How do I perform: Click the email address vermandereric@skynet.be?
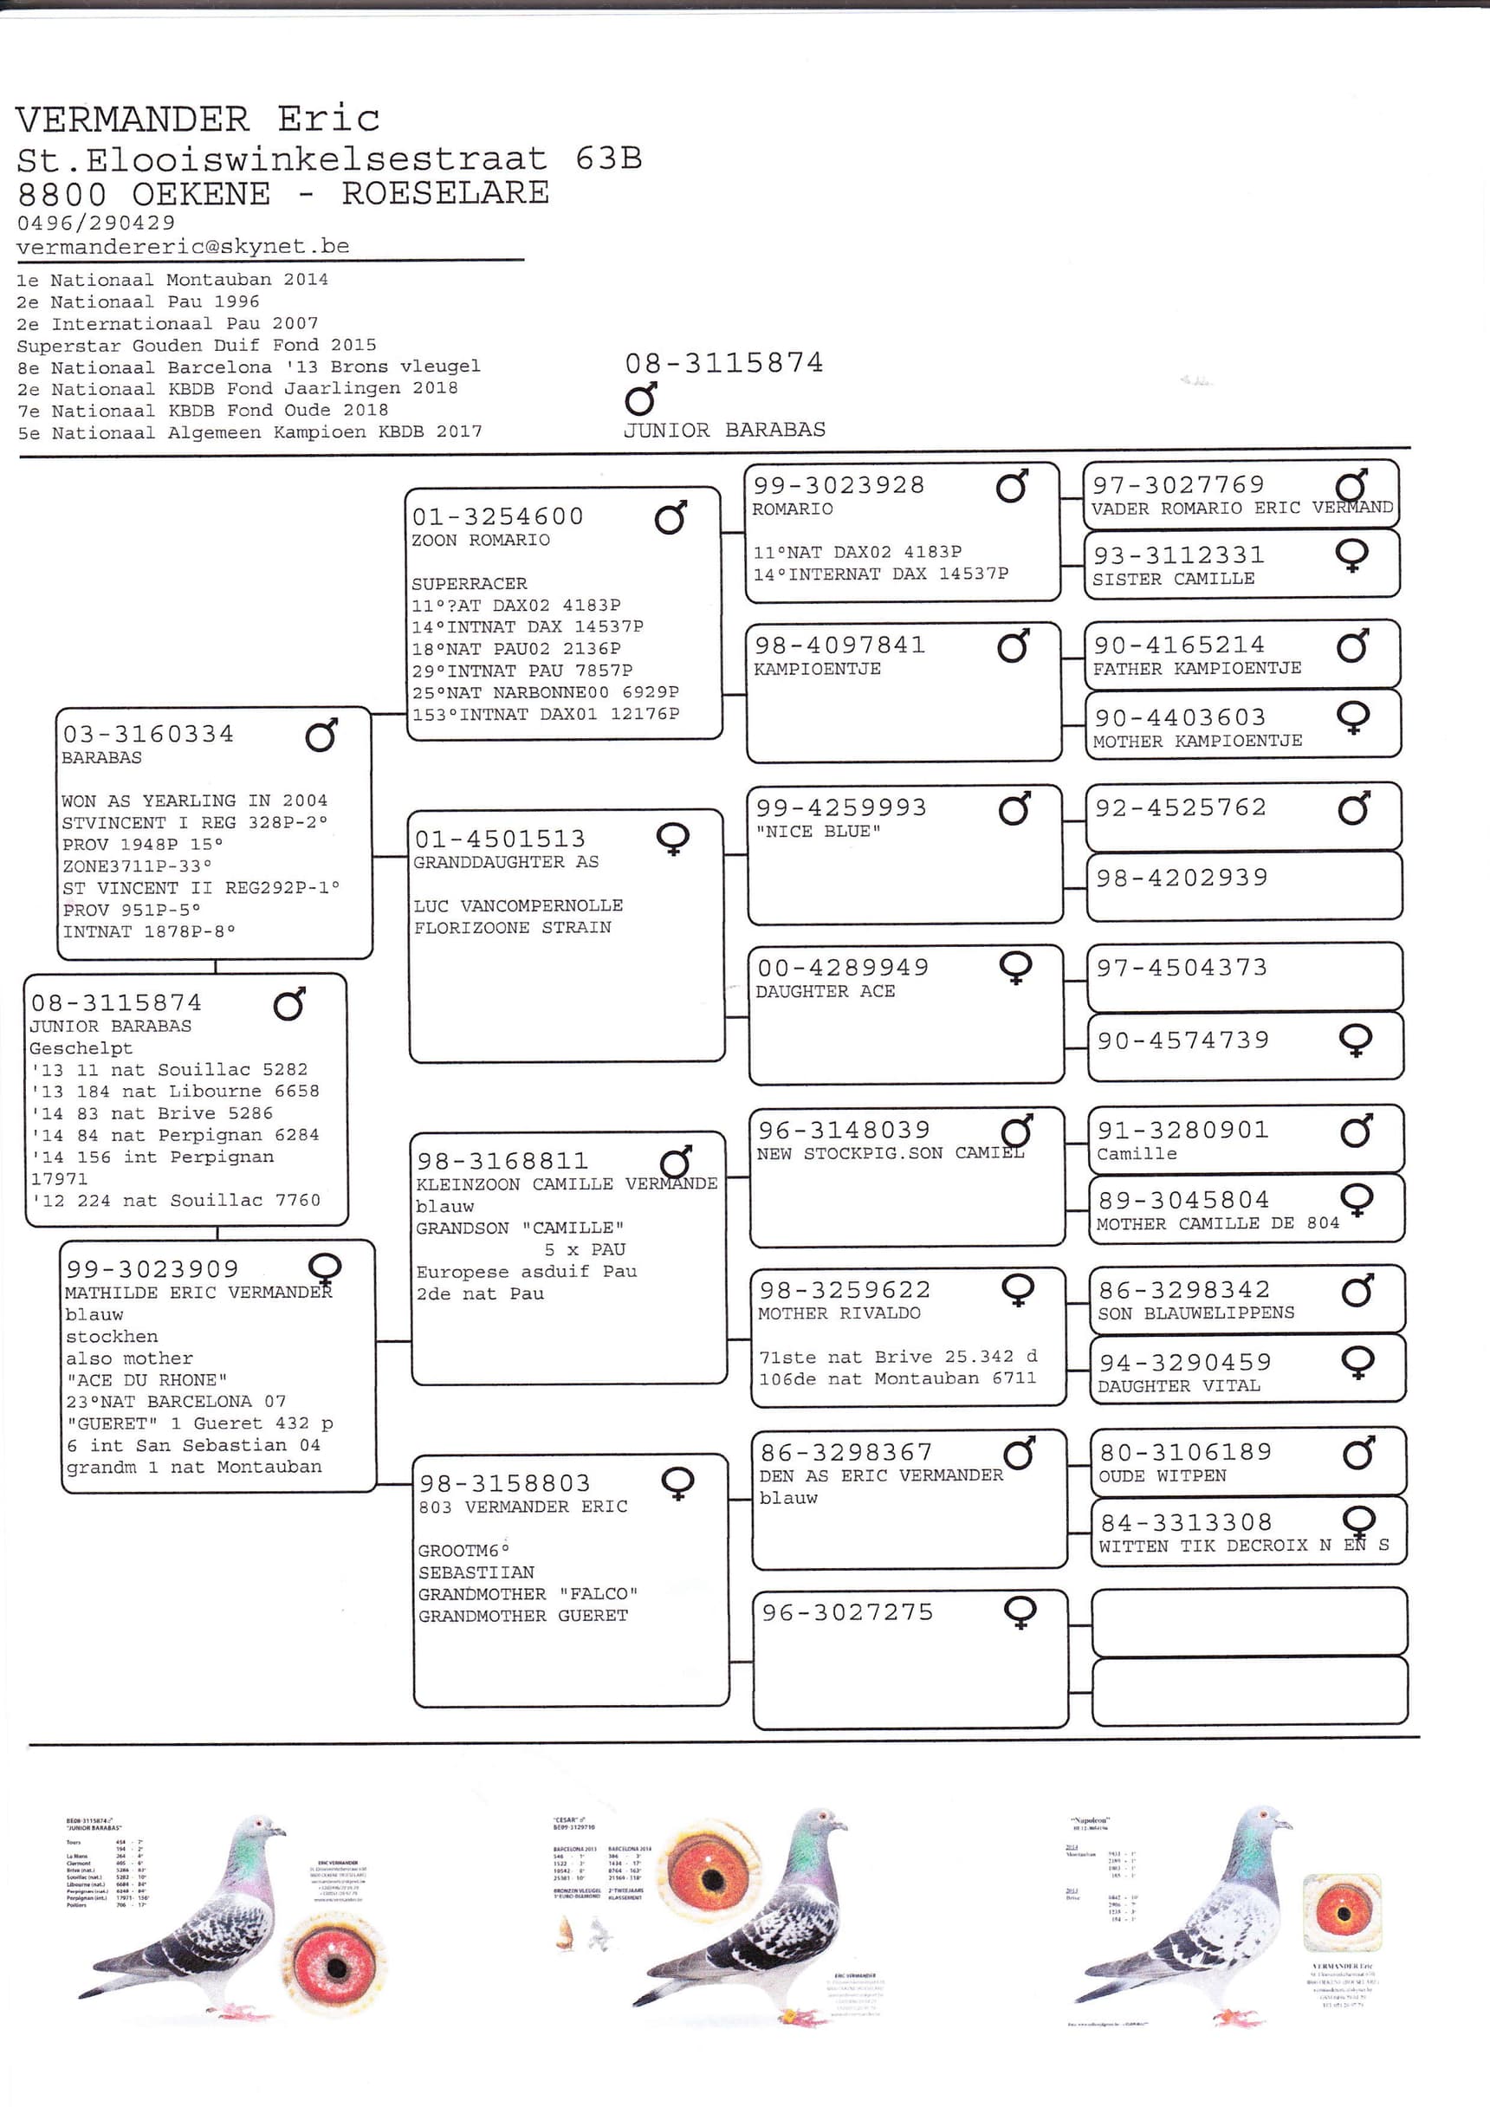[183, 246]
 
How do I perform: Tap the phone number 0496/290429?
[95, 222]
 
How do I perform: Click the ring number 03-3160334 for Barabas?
[148, 734]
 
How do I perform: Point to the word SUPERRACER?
[469, 584]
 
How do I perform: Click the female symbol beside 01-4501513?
[673, 839]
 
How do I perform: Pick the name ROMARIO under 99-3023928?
[793, 509]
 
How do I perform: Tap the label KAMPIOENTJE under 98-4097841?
[817, 669]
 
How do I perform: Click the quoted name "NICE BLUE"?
[819, 832]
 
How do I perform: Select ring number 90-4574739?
[1183, 1041]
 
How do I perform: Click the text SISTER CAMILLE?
[1174, 579]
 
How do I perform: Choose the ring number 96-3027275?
[848, 1612]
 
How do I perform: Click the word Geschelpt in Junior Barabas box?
[81, 1048]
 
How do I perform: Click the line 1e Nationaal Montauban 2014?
[172, 280]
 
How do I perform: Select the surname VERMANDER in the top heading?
[133, 120]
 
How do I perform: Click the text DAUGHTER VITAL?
[1179, 1385]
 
